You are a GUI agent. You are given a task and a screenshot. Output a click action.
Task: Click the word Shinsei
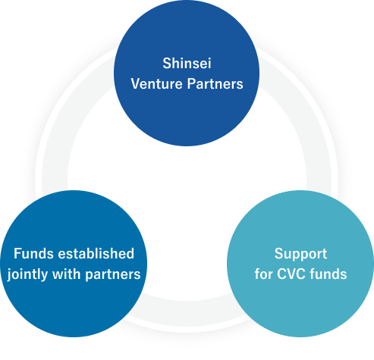point(187,63)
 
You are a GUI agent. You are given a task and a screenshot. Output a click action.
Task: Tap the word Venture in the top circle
point(156,84)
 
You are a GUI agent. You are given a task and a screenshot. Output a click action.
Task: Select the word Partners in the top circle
point(215,84)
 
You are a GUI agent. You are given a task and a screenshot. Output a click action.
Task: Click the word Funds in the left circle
point(33,253)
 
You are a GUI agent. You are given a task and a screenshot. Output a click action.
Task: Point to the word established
point(96,253)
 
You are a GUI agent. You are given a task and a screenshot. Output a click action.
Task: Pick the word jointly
point(27,274)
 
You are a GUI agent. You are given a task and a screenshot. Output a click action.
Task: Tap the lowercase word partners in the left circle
point(113,275)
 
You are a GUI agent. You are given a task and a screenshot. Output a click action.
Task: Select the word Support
point(300,254)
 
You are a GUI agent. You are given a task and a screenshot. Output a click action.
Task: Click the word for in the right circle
point(263,274)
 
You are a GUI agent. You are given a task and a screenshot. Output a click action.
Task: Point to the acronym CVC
point(291,274)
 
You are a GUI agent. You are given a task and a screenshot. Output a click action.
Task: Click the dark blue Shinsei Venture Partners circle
point(187,74)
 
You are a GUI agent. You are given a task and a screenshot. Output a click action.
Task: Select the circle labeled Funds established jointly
point(74,264)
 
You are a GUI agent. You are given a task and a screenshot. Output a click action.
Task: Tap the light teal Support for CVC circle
point(300,264)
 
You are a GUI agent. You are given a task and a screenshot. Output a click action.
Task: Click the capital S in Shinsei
point(167,63)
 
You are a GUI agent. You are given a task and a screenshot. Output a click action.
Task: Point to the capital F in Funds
point(17,254)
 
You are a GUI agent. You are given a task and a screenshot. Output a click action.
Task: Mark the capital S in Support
point(279,254)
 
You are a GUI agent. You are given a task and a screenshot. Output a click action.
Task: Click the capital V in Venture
point(136,84)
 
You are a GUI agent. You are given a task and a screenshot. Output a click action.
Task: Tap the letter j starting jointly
point(9,275)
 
